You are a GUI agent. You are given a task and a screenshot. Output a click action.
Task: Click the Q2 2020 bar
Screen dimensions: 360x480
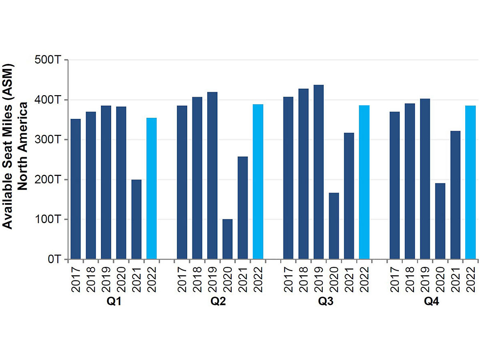pos(227,239)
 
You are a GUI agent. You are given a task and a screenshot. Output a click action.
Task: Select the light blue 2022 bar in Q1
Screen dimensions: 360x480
pos(151,189)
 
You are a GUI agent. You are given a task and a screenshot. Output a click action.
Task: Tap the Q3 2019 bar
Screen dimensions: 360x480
pos(318,172)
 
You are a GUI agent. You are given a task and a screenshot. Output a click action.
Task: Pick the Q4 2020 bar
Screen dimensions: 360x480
pos(440,221)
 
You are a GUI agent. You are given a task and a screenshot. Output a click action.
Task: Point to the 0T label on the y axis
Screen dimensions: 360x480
pos(54,259)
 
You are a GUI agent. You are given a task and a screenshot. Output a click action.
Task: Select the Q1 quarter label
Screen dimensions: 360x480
pos(113,302)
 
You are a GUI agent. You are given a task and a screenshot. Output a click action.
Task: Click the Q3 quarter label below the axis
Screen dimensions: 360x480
pos(326,302)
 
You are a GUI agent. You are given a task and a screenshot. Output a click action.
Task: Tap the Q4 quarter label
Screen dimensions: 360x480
pos(432,302)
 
